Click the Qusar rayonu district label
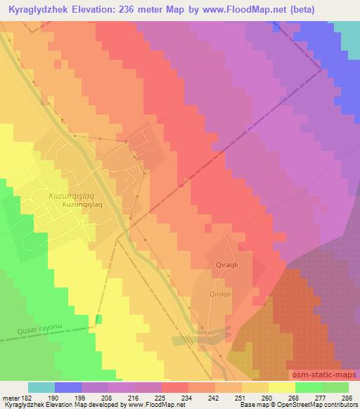(x=41, y=327)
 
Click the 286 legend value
(x=346, y=397)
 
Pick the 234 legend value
(x=186, y=397)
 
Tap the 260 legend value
(x=266, y=397)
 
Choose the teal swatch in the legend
(x=41, y=387)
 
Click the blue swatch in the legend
(x=68, y=387)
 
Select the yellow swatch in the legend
(x=282, y=387)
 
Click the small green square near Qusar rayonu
(x=98, y=320)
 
